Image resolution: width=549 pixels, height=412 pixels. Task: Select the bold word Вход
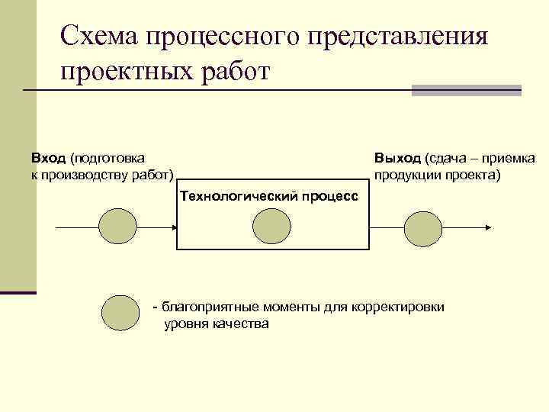pos(48,158)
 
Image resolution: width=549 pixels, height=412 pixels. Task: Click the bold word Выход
pos(396,158)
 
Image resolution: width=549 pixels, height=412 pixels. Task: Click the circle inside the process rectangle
pos(271,227)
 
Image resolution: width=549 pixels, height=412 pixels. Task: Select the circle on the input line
pos(119,227)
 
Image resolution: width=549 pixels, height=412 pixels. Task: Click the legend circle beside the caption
pos(120,312)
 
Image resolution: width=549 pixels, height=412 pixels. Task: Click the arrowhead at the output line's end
pos(489,227)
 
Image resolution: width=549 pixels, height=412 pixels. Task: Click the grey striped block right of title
pos(466,90)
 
